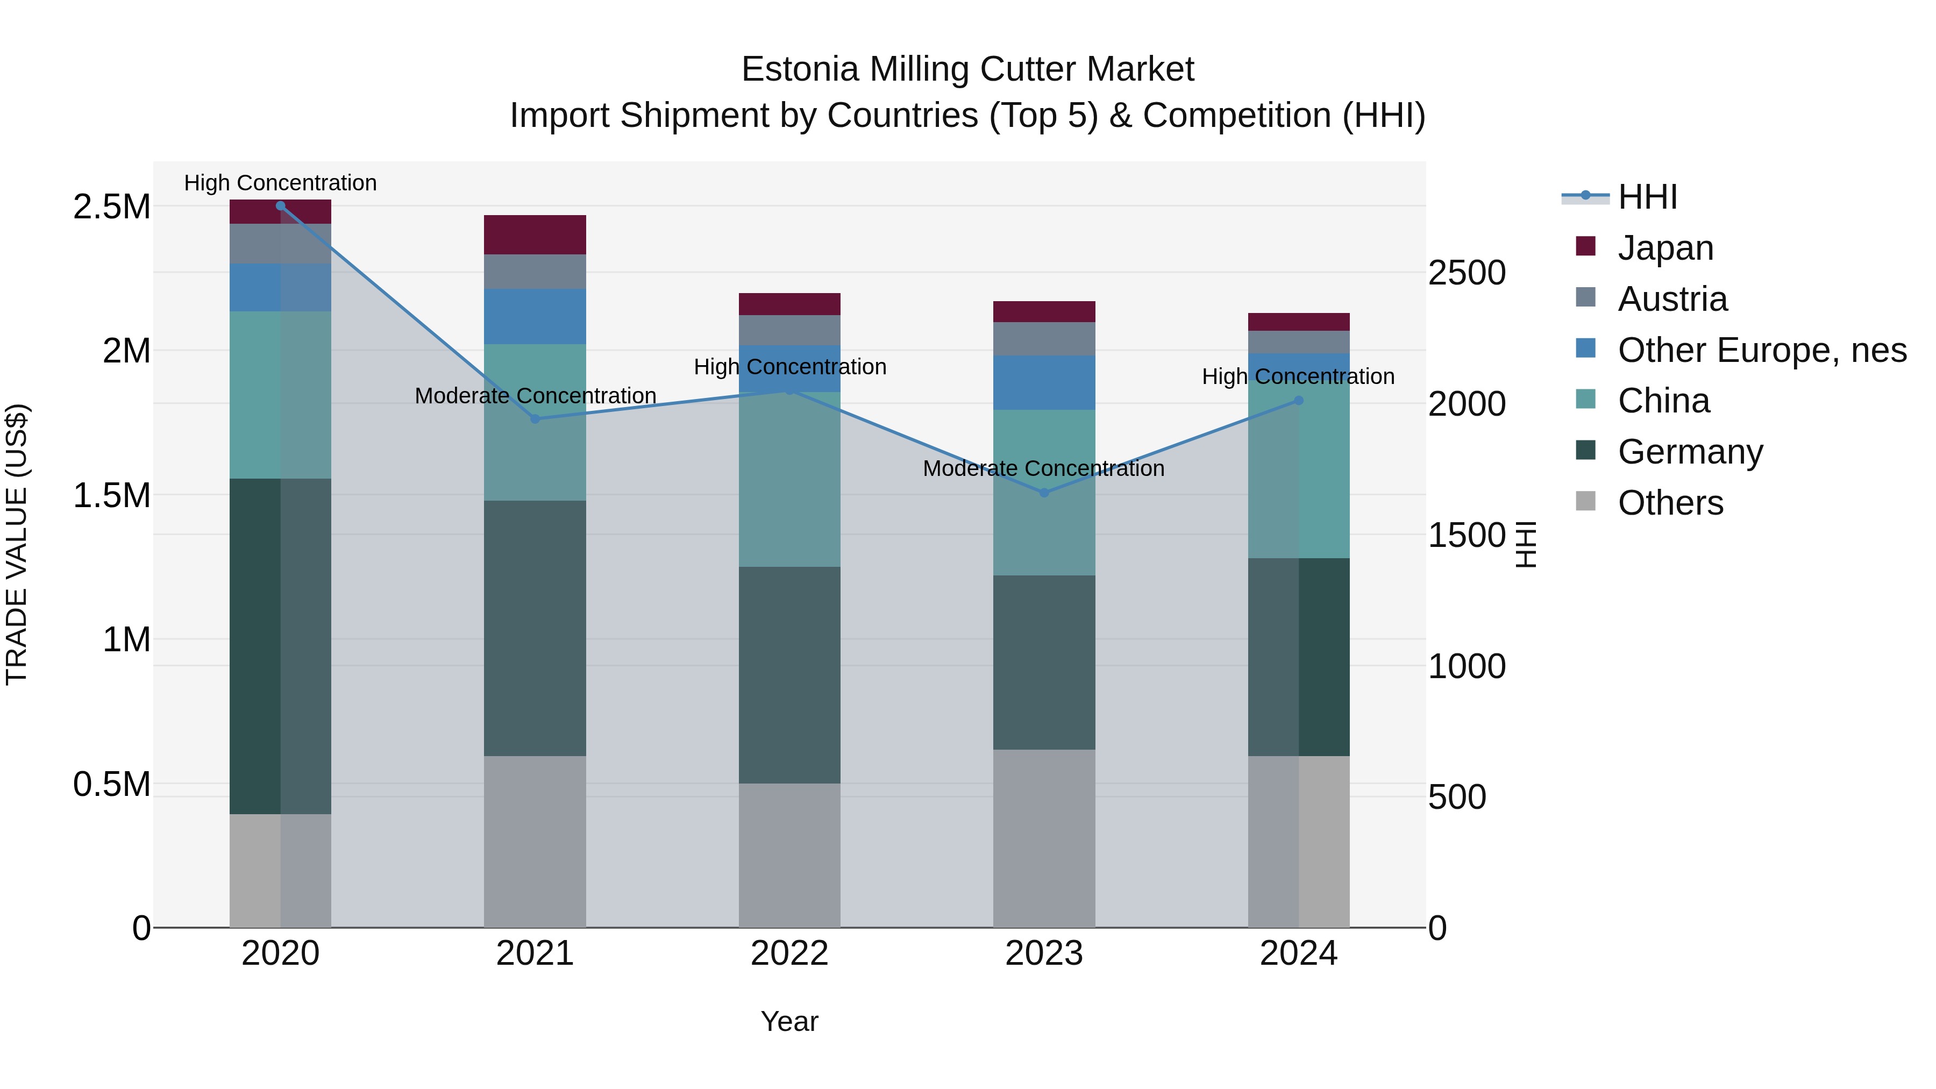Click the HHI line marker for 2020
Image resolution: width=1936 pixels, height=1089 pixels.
(x=280, y=205)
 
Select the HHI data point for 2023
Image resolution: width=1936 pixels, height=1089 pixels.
(x=1043, y=492)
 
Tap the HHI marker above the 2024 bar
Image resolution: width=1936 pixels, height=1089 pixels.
(x=1298, y=401)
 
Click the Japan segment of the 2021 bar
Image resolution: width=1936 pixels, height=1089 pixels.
(x=535, y=234)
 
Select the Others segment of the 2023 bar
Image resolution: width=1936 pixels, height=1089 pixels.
(x=1043, y=837)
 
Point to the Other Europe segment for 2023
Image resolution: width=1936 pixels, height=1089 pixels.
(x=1043, y=382)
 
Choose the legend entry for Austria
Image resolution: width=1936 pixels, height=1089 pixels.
(x=1672, y=299)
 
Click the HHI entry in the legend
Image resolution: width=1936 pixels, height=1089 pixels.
(x=1647, y=197)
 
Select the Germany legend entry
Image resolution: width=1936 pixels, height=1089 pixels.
(x=1690, y=452)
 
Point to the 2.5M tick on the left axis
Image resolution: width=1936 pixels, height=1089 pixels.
(x=111, y=207)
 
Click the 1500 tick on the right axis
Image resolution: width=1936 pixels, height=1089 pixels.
(x=1467, y=535)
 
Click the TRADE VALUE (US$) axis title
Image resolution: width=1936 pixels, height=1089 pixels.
(x=17, y=544)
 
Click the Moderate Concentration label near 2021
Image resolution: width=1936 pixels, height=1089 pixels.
(x=535, y=395)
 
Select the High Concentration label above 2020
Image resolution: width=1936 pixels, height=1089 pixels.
(x=280, y=183)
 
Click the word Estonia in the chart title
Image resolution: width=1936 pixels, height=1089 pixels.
(x=800, y=69)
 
